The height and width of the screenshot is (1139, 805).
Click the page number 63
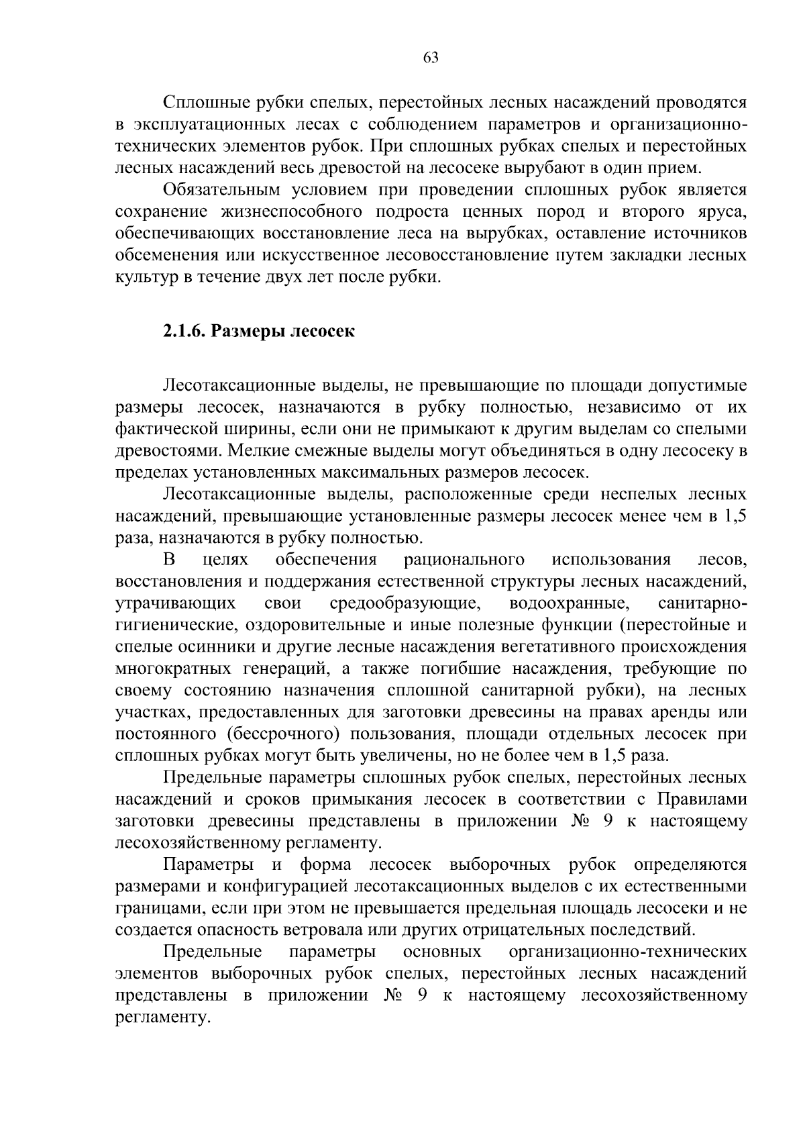(x=431, y=58)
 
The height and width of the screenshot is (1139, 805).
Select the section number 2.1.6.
(x=184, y=332)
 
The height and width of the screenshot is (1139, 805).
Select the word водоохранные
(x=569, y=603)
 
